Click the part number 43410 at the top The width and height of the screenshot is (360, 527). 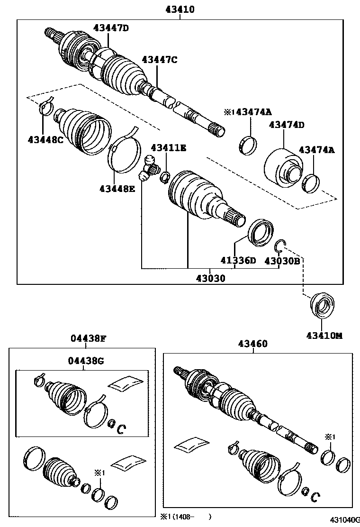(x=180, y=9)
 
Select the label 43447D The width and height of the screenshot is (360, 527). (x=111, y=28)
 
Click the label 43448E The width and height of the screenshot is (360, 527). (x=117, y=189)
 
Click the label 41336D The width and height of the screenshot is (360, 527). (x=237, y=261)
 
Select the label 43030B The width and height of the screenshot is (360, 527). (x=282, y=261)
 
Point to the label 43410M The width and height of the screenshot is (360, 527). (x=324, y=336)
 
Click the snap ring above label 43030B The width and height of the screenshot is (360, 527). (x=280, y=245)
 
